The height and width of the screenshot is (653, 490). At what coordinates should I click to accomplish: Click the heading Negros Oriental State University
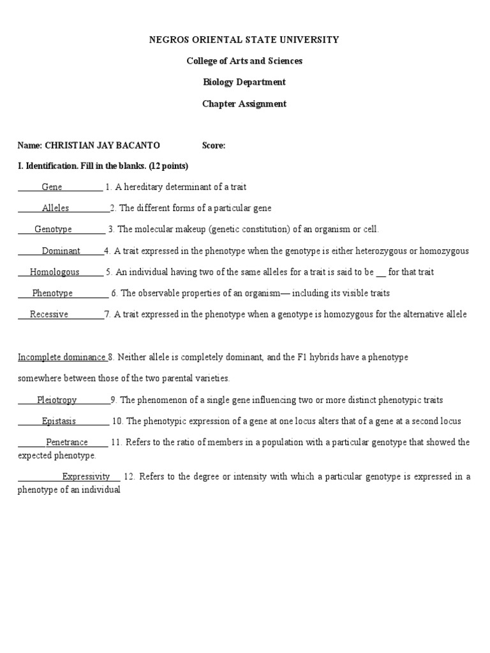pyautogui.click(x=244, y=40)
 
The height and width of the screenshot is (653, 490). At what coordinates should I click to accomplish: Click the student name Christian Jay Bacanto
pyautogui.click(x=102, y=145)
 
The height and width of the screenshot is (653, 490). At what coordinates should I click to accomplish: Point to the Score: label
pyautogui.click(x=214, y=145)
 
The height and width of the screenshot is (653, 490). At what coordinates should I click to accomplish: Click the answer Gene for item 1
pyautogui.click(x=52, y=187)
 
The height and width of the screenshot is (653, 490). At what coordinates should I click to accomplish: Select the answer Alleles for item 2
pyautogui.click(x=56, y=208)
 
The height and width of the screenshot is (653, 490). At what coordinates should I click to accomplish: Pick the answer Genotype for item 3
pyautogui.click(x=53, y=229)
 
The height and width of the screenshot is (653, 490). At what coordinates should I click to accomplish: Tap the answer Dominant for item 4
pyautogui.click(x=61, y=251)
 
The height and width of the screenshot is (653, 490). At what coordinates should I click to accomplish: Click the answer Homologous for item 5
pyautogui.click(x=55, y=272)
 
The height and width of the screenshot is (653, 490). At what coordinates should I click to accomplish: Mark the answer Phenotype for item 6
pyautogui.click(x=52, y=293)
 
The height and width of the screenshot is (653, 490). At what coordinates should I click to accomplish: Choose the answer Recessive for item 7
pyautogui.click(x=49, y=314)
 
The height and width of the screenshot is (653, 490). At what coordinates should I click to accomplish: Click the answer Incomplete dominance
pyautogui.click(x=61, y=357)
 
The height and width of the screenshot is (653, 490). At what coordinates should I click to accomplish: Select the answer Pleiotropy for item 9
pyautogui.click(x=57, y=400)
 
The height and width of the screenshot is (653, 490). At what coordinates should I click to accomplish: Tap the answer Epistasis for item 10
pyautogui.click(x=59, y=421)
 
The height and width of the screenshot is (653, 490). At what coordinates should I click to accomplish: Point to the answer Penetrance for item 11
pyautogui.click(x=66, y=442)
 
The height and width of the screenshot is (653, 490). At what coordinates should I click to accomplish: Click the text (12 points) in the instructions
pyautogui.click(x=168, y=166)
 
